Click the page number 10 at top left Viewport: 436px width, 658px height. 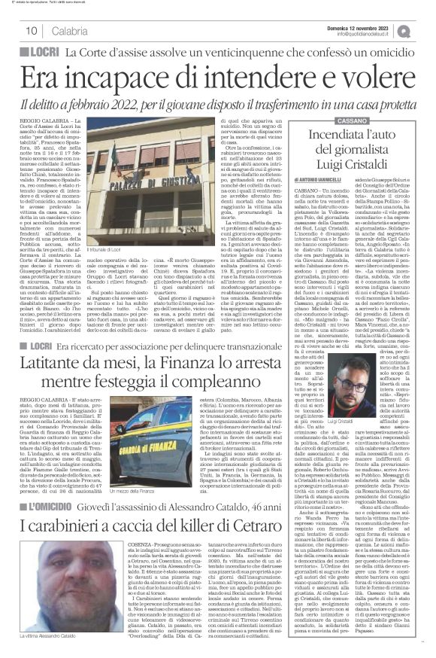pyautogui.click(x=32, y=31)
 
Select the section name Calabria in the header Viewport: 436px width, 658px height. pyautogui.click(x=68, y=31)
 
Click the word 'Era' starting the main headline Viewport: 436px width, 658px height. pyautogui.click(x=44, y=78)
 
